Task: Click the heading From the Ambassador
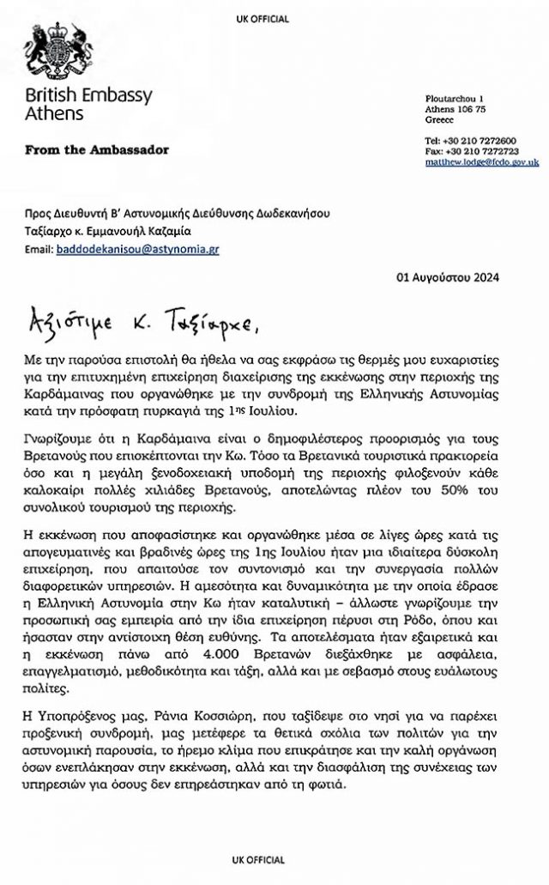(97, 149)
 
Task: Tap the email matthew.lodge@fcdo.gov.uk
(482, 161)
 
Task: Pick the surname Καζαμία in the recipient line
(194, 230)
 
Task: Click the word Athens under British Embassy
(53, 113)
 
